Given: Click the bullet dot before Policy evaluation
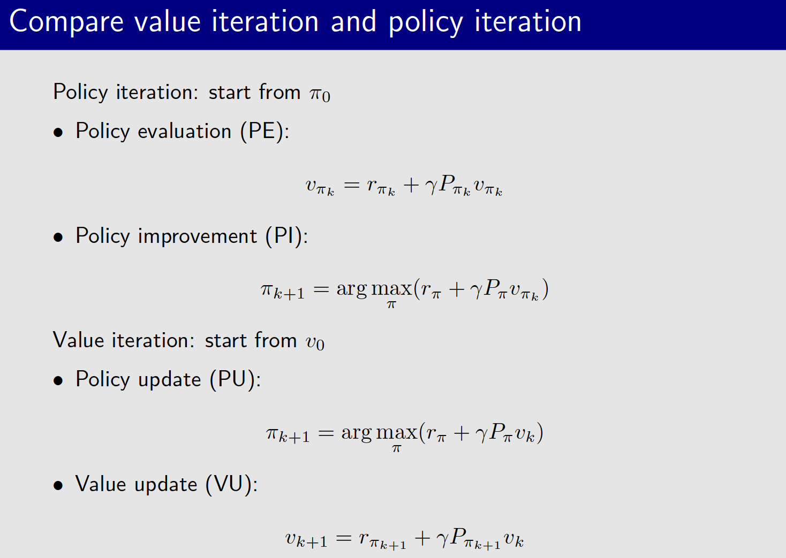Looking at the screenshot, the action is tap(58, 133).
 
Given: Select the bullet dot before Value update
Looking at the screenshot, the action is tap(58, 486).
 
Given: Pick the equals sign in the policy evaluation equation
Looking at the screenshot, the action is tap(352, 185).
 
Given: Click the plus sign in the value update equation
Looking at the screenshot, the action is tap(422, 538).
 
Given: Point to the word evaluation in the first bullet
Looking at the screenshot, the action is tap(185, 132).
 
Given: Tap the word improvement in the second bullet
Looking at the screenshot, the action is tap(197, 236).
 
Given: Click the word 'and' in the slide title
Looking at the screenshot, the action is tap(354, 22).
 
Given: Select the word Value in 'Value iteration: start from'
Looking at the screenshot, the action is tap(78, 340).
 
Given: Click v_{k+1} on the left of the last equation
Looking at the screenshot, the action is tap(306, 539).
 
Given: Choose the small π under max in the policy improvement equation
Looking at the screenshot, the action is tap(391, 304).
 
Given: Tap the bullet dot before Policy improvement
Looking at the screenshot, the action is tap(58, 238).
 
